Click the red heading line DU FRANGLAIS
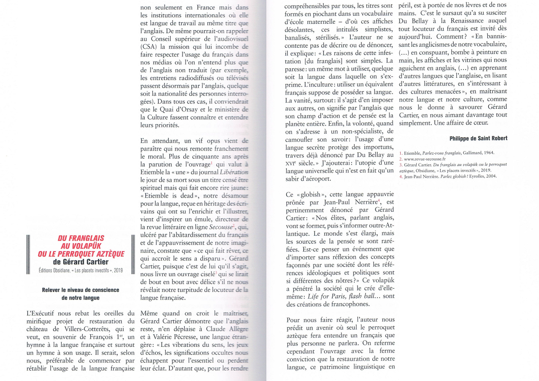pyautogui.click(x=81, y=238)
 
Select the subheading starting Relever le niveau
pyautogui.click(x=81, y=290)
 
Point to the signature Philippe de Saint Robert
pyautogui.click(x=478, y=138)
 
